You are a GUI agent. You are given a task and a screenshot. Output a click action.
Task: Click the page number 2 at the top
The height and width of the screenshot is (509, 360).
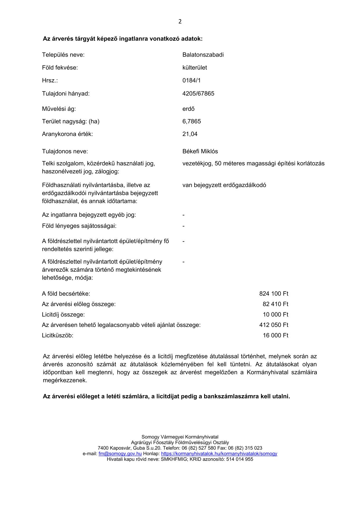click(180, 21)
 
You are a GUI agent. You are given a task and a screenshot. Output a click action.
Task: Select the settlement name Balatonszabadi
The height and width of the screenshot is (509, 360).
click(203, 55)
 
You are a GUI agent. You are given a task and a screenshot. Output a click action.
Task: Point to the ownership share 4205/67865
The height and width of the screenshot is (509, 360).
click(198, 93)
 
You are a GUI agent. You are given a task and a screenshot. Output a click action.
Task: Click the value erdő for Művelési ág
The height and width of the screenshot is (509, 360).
click(188, 109)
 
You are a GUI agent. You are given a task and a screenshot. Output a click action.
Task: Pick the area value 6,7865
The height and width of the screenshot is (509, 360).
click(192, 121)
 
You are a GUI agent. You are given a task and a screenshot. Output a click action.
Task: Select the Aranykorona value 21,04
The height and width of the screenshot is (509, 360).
click(190, 134)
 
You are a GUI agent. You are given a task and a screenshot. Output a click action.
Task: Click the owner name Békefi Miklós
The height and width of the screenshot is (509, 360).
click(200, 152)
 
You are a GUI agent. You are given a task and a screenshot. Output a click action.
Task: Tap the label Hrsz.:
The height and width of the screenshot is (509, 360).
click(50, 80)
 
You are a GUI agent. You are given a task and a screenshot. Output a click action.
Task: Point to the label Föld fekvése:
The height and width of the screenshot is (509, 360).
click(60, 68)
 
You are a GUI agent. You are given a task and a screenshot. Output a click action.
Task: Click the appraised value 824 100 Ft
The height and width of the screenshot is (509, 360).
click(273, 294)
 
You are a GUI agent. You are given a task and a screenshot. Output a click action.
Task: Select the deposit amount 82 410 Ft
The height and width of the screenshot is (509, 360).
click(275, 304)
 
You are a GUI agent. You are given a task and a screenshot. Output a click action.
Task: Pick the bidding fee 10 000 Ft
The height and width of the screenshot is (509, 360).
click(275, 314)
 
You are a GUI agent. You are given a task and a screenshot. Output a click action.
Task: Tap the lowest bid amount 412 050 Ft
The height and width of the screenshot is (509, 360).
click(273, 325)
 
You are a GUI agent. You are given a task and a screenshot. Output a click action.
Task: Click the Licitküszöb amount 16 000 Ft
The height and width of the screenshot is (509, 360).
click(275, 335)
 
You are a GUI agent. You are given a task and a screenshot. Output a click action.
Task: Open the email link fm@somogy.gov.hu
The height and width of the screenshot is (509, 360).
click(120, 454)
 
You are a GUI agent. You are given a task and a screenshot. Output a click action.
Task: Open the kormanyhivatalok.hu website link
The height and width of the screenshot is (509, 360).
click(219, 454)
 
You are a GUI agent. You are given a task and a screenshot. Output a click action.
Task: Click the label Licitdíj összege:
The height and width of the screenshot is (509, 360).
click(63, 314)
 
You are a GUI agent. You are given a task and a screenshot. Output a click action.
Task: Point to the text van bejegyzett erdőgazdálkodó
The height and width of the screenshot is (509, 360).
click(224, 185)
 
